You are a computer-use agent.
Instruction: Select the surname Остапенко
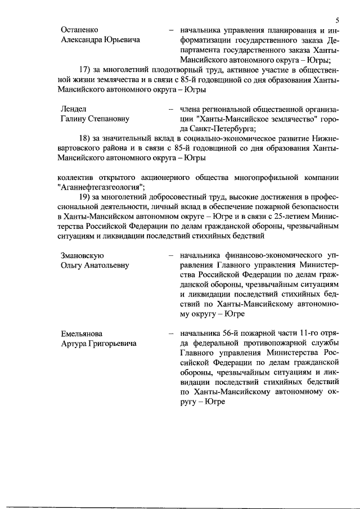[80, 30]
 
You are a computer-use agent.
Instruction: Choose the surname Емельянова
[83, 334]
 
